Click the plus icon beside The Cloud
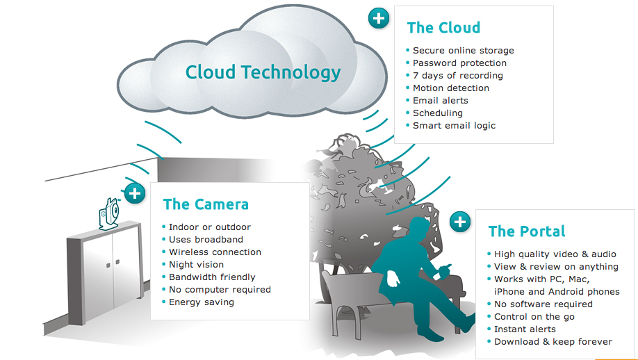coord(378,18)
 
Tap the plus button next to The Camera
coord(135,193)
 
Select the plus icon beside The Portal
coord(460,222)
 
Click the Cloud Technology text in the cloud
coord(263,72)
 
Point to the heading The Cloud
coord(443,28)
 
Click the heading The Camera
coord(206,204)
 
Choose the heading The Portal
coord(527,231)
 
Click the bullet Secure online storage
coord(464,51)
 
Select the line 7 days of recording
coord(458,76)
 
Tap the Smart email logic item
coord(454,126)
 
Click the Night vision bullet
coord(196,264)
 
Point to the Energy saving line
coord(202,302)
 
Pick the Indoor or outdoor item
coord(210,227)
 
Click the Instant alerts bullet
coord(525,329)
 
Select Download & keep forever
coord(553,342)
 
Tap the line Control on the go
coord(534,317)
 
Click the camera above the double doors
coord(108,213)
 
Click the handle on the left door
coord(108,265)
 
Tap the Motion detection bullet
coord(451,88)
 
